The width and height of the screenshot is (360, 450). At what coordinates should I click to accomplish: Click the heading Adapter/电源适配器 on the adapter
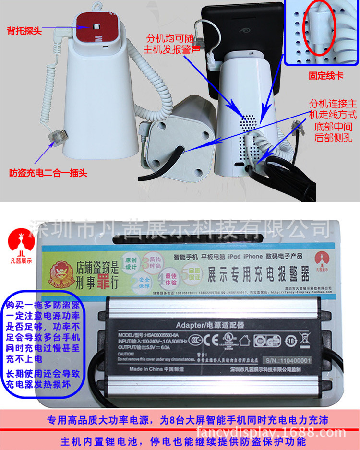point(210,324)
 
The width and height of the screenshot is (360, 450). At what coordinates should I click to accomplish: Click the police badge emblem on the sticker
point(57,275)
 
